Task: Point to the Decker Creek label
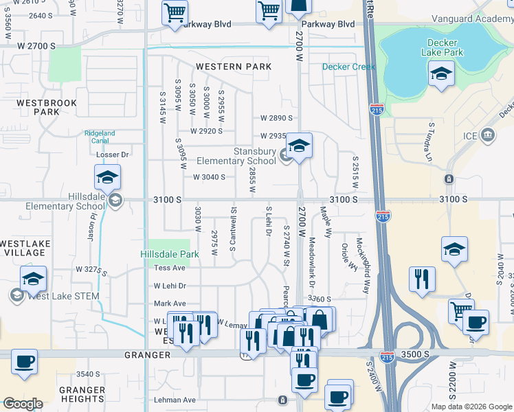pos(350,67)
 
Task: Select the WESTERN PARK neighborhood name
pos(234,67)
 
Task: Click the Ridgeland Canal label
pos(100,137)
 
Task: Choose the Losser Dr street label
pos(115,155)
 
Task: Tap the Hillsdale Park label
pos(170,254)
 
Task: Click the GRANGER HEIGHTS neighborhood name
pos(82,394)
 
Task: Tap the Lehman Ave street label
pos(175,400)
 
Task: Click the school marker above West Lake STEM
pos(33,279)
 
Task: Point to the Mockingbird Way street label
pos(362,266)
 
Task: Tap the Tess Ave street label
pos(170,268)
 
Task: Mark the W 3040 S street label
pos(210,177)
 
